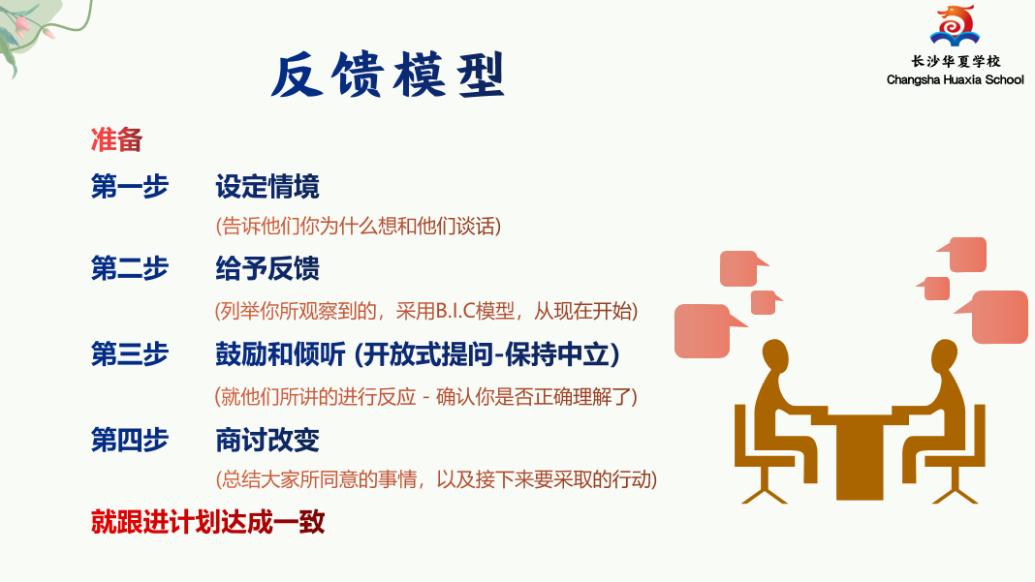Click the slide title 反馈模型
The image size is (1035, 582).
388,76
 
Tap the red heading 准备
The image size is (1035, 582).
117,139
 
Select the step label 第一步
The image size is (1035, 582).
130,186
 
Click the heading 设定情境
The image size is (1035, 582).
267,187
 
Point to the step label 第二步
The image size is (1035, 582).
130,268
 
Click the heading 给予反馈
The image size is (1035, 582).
267,269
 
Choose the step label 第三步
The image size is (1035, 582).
130,354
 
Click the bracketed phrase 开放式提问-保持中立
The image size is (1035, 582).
487,355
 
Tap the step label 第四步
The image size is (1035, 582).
130,440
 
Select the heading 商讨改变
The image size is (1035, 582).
267,440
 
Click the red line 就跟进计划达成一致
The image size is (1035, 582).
208,522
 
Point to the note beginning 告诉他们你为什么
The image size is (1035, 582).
359,227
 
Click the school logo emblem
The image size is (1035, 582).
955,25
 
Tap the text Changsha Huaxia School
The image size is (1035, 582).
956,79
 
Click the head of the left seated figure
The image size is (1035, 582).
775,354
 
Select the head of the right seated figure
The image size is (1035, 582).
945,354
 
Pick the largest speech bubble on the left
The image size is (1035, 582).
704,330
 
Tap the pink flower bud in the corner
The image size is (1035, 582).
21,25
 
